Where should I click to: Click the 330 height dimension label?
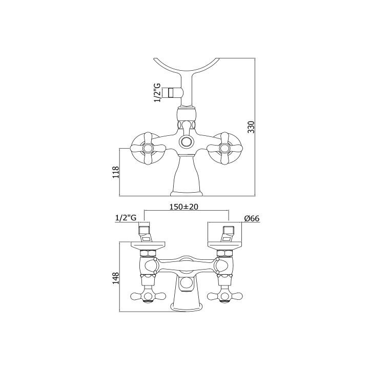click(252, 127)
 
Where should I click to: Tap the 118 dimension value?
click(116, 172)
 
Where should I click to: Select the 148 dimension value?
click(116, 278)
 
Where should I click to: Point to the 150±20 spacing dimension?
click(184, 207)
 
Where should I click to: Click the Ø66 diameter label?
click(252, 218)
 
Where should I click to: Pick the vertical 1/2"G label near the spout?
click(157, 92)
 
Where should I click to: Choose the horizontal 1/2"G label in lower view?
click(126, 218)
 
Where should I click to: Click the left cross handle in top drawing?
click(148, 148)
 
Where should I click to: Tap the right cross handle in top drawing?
click(224, 148)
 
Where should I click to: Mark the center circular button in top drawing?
click(187, 141)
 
